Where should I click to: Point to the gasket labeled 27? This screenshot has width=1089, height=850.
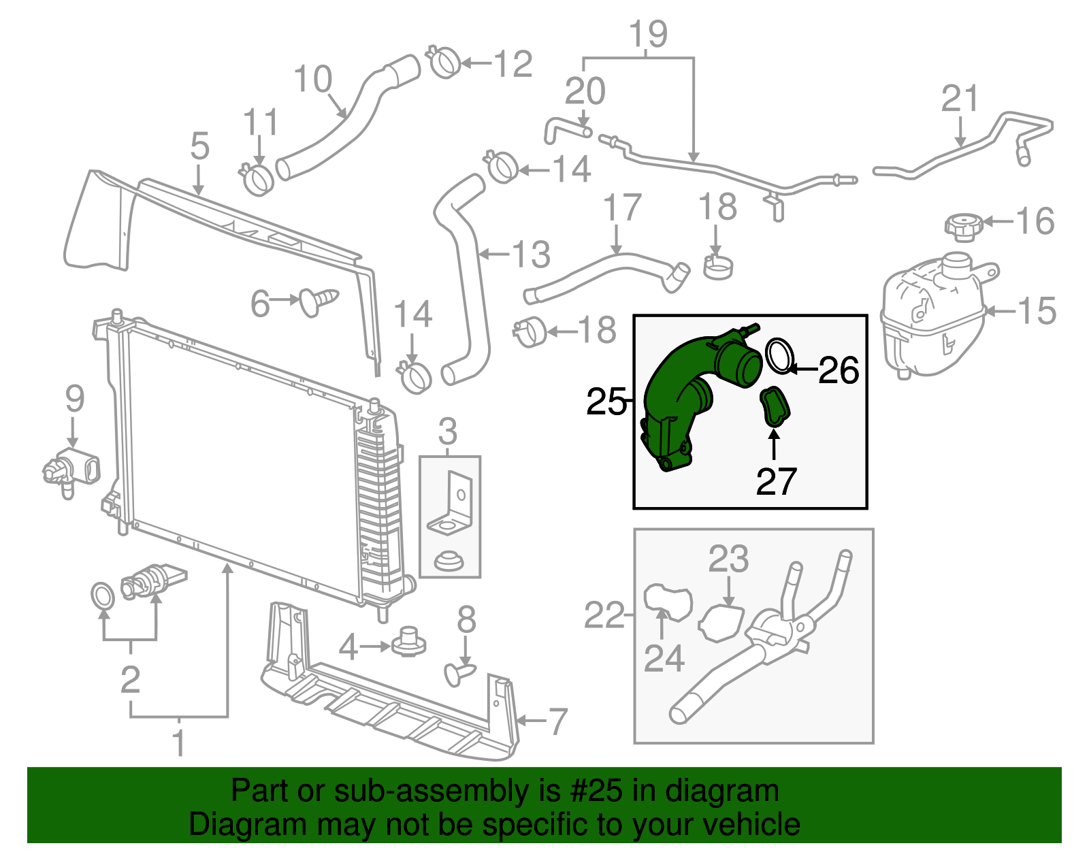coord(775,407)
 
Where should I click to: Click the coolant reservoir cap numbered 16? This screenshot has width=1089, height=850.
coord(964,227)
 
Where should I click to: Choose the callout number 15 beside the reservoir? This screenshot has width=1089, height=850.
coord(1037,311)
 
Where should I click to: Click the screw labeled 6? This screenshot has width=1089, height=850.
coord(318,300)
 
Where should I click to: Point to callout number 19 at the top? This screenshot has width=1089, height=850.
coord(648,34)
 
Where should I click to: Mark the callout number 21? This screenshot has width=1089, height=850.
coord(960,99)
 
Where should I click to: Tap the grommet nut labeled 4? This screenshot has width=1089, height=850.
coord(409,641)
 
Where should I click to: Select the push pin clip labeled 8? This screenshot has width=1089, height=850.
coord(460,674)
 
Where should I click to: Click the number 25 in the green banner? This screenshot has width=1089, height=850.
coord(602,791)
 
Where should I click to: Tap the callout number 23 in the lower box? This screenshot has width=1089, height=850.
coord(728,559)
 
